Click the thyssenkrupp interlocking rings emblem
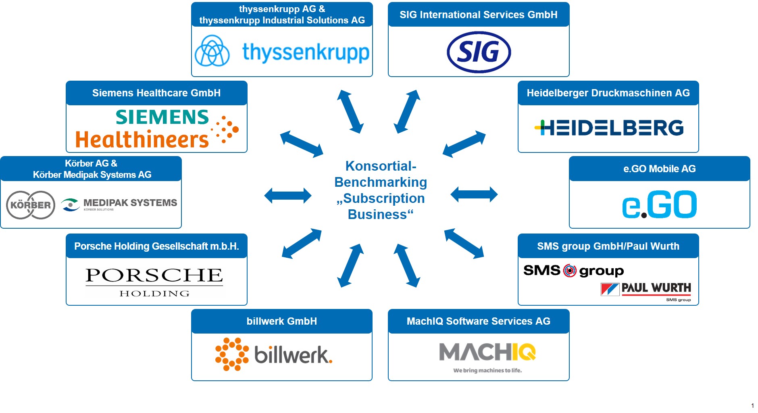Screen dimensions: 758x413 [212, 51]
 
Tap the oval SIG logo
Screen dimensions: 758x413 [479, 52]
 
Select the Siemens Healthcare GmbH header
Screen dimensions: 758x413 [156, 93]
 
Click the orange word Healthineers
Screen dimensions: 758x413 [142, 140]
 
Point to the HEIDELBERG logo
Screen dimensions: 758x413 [609, 127]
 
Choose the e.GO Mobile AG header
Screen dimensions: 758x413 [660, 169]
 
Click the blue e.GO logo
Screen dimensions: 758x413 [660, 204]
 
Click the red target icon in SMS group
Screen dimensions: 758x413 [570, 271]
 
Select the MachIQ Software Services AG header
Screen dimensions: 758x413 [479, 321]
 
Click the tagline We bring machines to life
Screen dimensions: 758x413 [487, 370]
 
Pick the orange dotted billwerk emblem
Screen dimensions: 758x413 [232, 354]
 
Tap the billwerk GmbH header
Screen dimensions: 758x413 [282, 321]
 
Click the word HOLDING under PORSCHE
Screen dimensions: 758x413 [154, 294]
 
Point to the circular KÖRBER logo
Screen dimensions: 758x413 [31, 205]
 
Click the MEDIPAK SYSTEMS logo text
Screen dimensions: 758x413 [130, 202]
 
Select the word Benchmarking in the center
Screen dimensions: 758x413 [381, 182]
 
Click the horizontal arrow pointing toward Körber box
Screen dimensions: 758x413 [288, 196]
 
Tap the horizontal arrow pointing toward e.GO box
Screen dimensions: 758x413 [474, 194]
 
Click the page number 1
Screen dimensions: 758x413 [752, 406]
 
